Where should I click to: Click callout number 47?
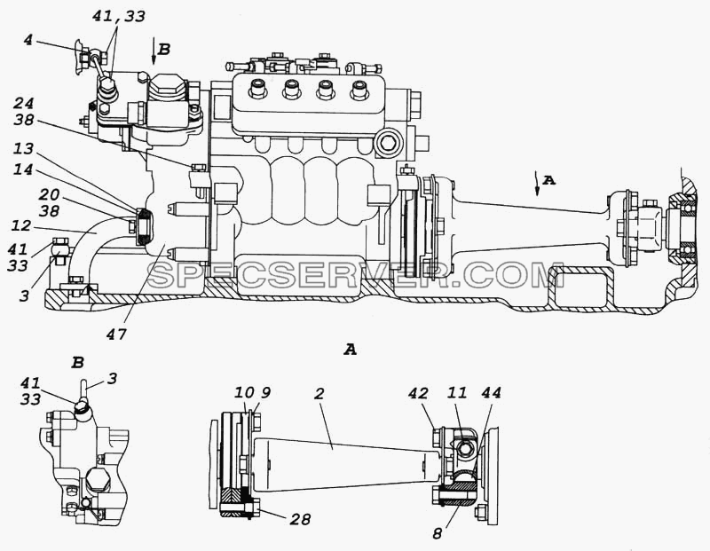[x=116, y=335]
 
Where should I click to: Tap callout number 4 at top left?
[x=28, y=40]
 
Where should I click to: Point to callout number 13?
[x=23, y=148]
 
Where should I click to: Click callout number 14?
[x=23, y=169]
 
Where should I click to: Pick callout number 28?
[x=300, y=519]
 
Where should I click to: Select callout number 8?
[x=437, y=534]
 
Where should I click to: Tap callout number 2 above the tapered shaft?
[x=319, y=393]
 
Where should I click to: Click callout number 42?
[x=418, y=393]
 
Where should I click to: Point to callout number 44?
[x=491, y=392]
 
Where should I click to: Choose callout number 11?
[x=456, y=392]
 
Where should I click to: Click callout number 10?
[x=243, y=392]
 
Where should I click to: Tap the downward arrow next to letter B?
[x=154, y=53]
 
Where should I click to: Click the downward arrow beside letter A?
[x=537, y=184]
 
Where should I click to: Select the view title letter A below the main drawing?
[x=350, y=349]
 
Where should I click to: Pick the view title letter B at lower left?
[x=78, y=362]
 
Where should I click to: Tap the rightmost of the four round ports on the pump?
[x=359, y=90]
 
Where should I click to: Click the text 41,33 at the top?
[x=119, y=16]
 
